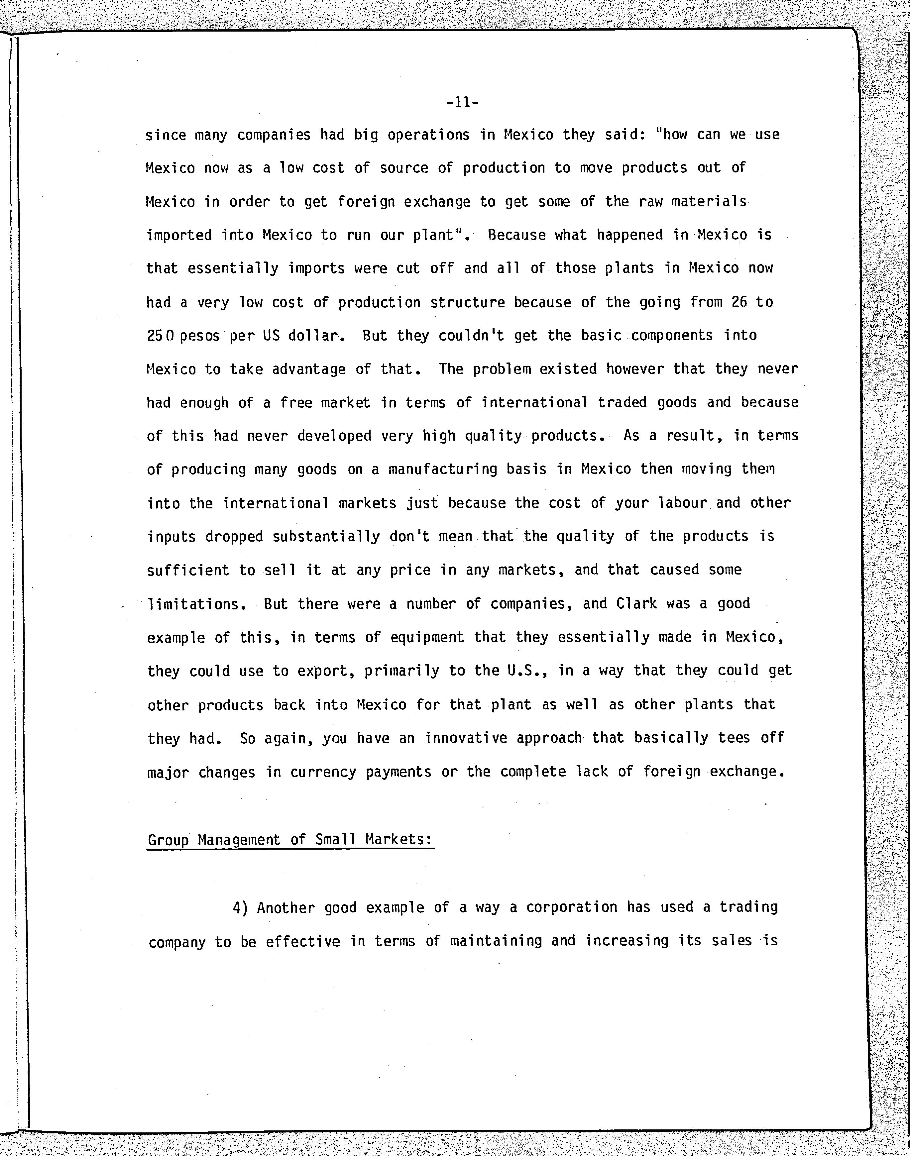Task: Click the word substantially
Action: [326, 536]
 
